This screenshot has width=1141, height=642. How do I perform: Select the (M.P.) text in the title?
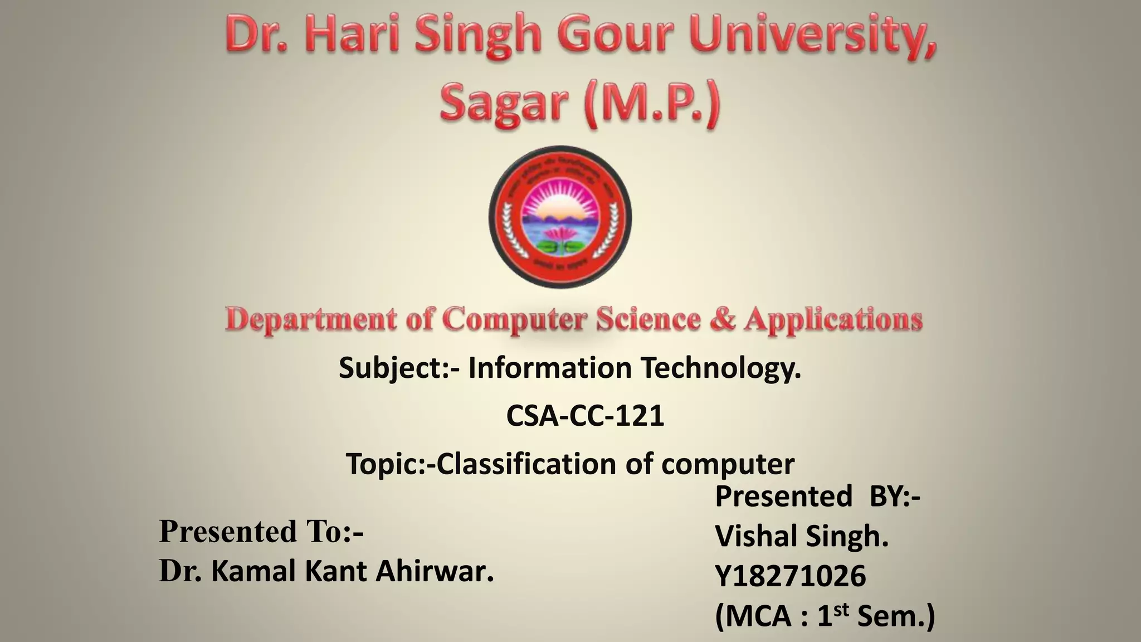tap(652, 104)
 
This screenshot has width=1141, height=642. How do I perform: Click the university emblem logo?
tap(560, 217)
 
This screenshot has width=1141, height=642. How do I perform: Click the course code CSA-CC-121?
tap(585, 416)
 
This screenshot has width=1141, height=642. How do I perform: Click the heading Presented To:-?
tap(261, 531)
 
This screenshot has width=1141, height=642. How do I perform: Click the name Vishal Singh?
tap(801, 536)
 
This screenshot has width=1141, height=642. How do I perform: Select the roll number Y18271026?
tap(791, 576)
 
